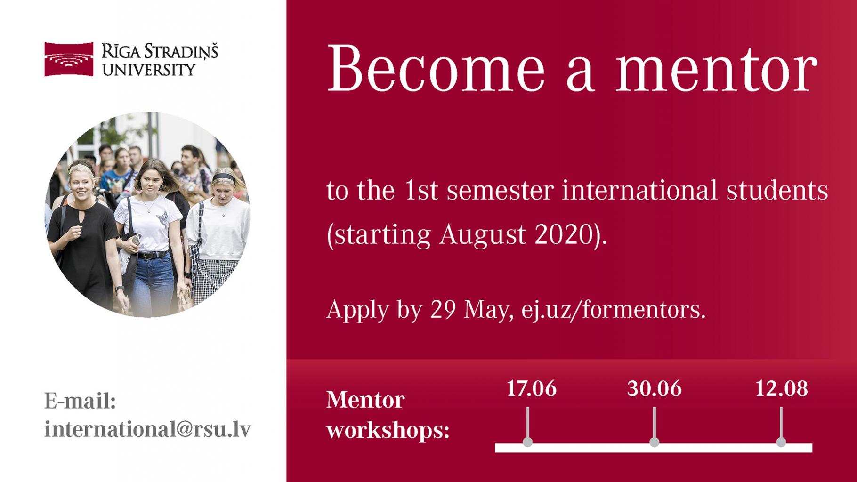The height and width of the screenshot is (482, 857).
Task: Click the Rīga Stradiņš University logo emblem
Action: [x=69, y=59]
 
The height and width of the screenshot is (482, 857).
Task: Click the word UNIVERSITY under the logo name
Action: [x=149, y=70]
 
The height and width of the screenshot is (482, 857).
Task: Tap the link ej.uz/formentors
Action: [x=614, y=310]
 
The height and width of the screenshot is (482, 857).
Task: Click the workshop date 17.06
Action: [x=531, y=389]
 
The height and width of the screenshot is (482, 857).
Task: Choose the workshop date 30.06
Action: [x=654, y=389]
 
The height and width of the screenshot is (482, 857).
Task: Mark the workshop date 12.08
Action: [x=781, y=389]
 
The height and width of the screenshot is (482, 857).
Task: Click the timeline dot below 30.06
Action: [x=654, y=442]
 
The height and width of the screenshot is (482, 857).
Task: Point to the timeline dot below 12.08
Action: [x=781, y=442]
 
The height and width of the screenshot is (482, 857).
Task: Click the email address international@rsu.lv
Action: [x=147, y=429]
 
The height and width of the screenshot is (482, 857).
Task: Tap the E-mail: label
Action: [x=80, y=401]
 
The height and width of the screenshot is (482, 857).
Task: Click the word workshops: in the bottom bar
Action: [x=388, y=431]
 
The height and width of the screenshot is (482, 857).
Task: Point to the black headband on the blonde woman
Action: [x=223, y=177]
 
